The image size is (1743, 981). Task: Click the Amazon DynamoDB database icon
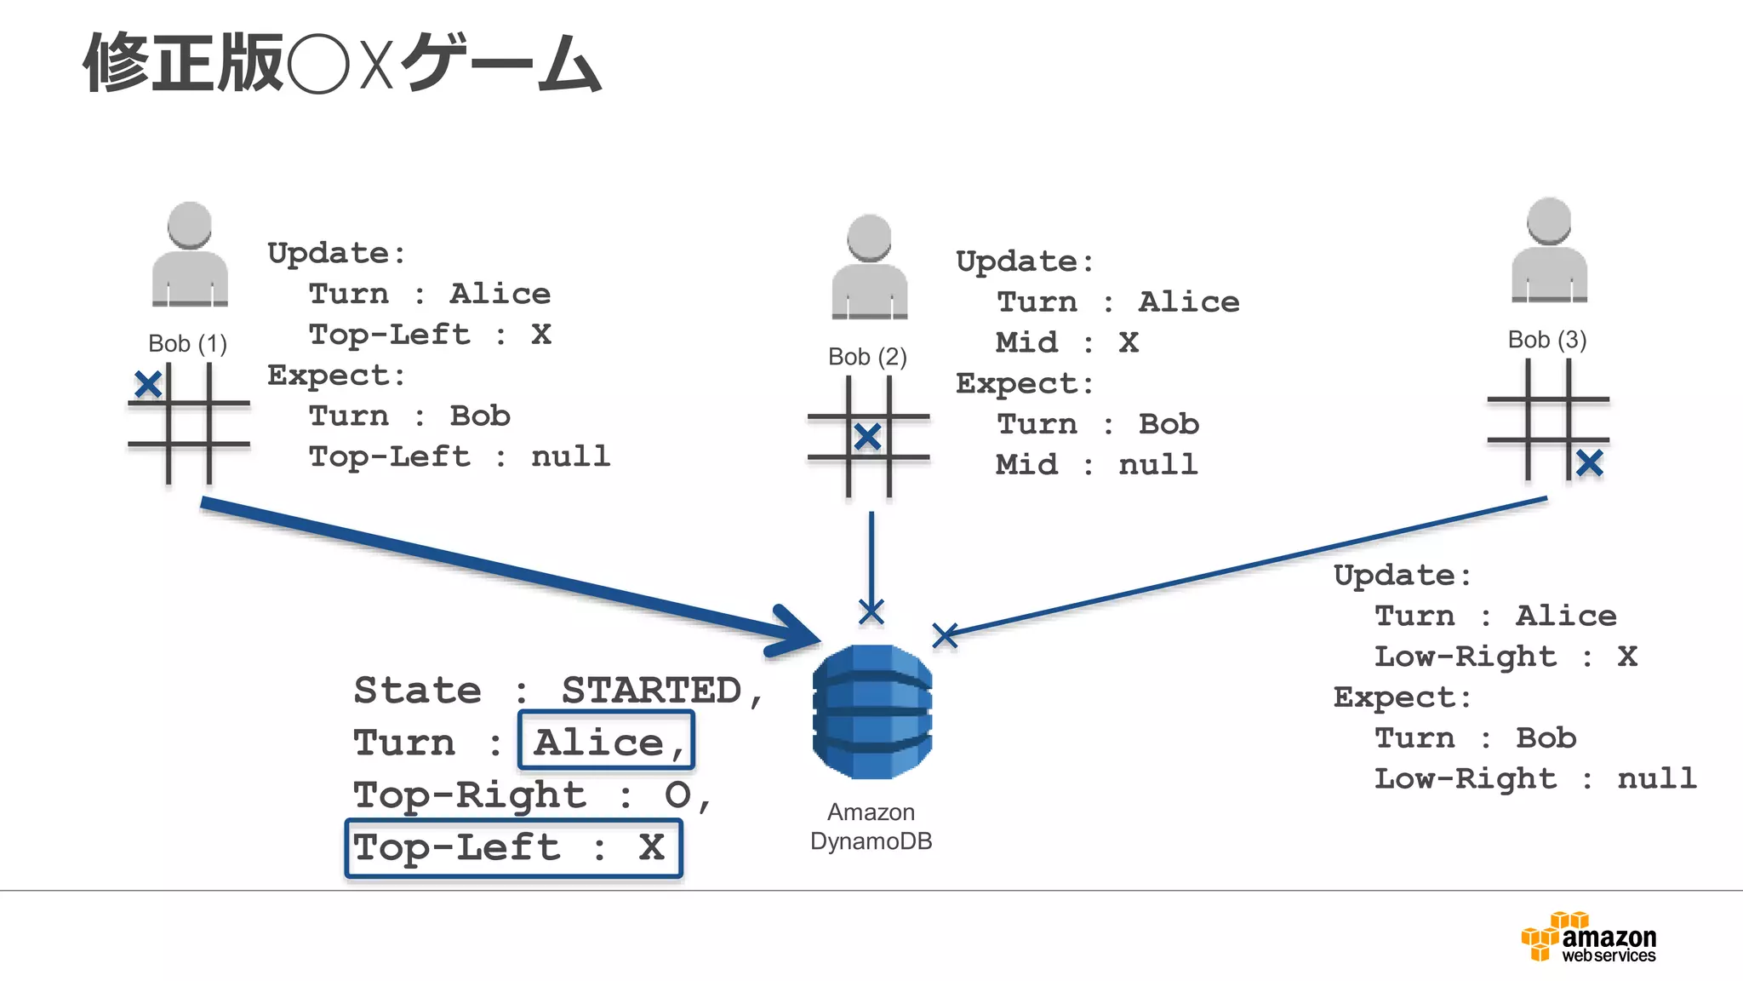point(871,712)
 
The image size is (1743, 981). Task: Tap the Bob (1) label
point(187,344)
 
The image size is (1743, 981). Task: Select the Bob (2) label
point(867,357)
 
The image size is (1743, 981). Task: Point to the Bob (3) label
point(1546,340)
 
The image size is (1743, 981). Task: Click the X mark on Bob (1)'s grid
point(148,385)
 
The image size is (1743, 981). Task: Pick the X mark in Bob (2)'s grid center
point(867,437)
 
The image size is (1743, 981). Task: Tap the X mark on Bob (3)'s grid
point(1589,463)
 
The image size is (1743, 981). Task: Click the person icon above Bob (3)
point(1549,250)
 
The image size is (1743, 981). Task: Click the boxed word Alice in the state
point(605,742)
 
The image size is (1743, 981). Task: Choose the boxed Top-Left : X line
point(512,848)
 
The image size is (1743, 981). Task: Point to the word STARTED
point(651,690)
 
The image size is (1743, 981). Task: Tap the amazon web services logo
point(1588,937)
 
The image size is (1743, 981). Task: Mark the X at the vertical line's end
point(871,611)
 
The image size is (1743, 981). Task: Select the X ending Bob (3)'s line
point(945,635)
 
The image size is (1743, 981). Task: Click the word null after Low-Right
point(1656,778)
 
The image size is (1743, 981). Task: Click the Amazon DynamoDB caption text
point(871,827)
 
